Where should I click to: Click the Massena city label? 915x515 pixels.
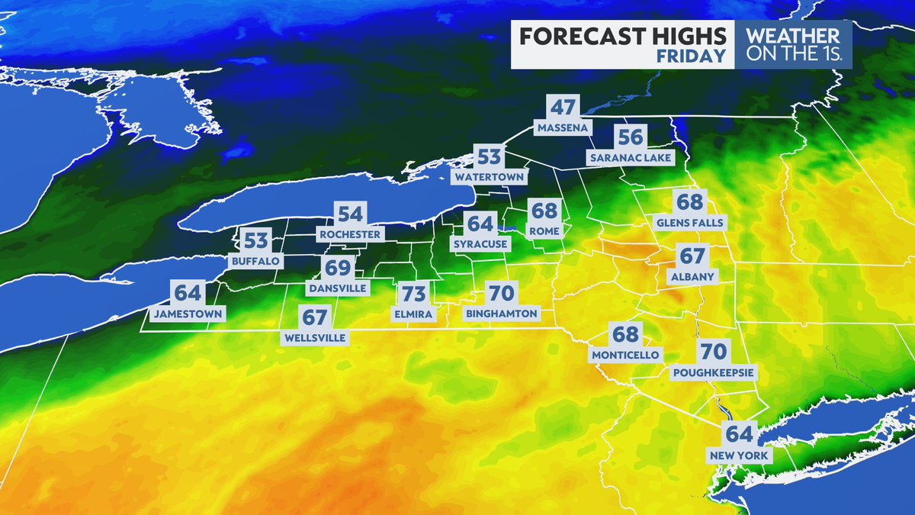[563, 127]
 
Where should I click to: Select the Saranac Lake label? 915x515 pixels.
[631, 158]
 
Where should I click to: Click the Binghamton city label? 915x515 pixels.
[502, 314]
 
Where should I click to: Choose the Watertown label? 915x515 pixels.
[490, 177]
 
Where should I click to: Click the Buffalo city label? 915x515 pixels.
[256, 261]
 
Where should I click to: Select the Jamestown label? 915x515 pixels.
[188, 314]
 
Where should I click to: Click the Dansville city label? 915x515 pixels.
[337, 288]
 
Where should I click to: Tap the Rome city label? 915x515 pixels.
[545, 230]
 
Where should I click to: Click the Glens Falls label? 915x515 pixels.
[690, 223]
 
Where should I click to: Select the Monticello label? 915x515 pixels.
[625, 355]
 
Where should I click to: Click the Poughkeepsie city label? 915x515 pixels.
[713, 373]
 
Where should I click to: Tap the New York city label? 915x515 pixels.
[740, 455]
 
